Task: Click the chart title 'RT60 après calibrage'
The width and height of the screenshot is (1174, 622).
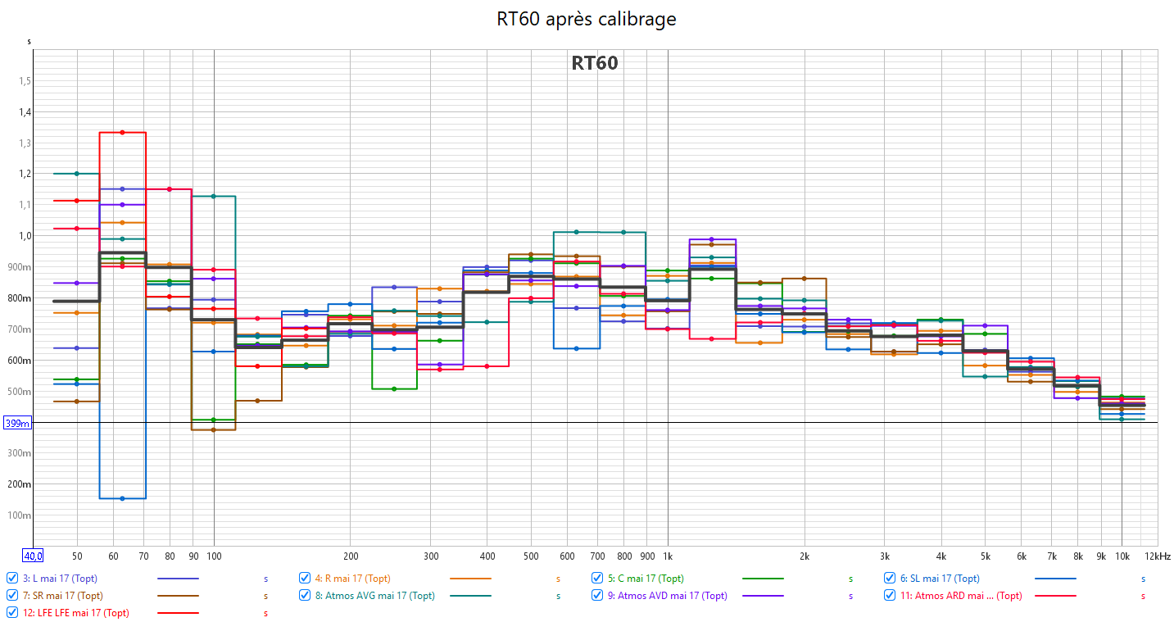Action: tap(587, 19)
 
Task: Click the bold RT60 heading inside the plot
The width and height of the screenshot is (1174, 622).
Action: tap(594, 63)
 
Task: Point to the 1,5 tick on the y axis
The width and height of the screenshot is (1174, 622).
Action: tap(25, 81)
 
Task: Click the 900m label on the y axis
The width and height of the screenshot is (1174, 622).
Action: tap(20, 267)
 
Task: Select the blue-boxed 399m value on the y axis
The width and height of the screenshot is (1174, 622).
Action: tap(17, 423)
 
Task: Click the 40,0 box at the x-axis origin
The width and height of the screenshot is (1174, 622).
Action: tap(33, 556)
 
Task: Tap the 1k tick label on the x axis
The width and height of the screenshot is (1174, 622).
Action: tap(667, 556)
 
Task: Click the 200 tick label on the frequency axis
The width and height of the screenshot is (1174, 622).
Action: tap(351, 556)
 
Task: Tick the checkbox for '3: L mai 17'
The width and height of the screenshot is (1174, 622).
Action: tap(12, 578)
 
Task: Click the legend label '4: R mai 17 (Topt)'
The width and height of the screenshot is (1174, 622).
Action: tap(352, 579)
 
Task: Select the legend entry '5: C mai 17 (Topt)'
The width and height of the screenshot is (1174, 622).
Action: tap(645, 579)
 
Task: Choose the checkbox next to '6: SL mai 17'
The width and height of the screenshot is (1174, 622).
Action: tap(890, 578)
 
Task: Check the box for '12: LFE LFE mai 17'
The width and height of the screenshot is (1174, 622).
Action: tap(12, 612)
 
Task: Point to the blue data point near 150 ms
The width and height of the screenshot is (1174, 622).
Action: tap(122, 498)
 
